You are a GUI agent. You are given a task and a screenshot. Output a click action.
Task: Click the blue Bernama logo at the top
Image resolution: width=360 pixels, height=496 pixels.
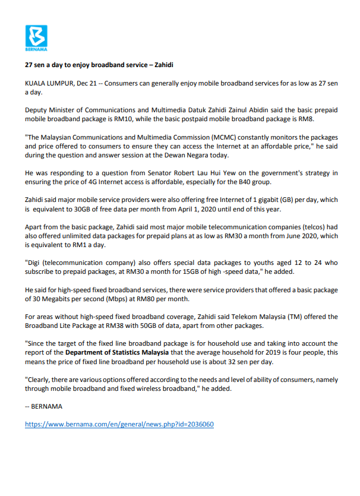[x=36, y=37]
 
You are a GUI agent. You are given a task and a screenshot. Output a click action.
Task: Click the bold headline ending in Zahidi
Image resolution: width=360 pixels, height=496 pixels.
[x=98, y=64]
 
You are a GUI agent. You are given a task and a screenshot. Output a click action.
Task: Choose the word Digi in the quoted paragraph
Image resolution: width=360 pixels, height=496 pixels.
[x=35, y=261]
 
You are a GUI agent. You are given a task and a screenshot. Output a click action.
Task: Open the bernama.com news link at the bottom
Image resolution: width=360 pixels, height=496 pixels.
[x=119, y=424]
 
